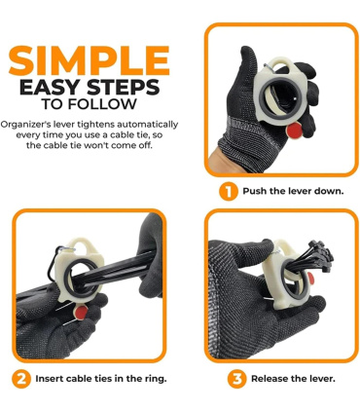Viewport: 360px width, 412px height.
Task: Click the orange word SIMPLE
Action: click(90, 60)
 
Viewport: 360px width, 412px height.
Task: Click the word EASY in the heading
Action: click(47, 87)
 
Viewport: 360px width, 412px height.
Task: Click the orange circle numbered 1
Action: click(229, 191)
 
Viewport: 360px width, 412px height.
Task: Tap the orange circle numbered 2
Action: click(21, 379)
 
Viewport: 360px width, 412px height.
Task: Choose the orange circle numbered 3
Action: click(237, 379)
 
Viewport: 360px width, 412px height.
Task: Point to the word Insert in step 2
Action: click(50, 379)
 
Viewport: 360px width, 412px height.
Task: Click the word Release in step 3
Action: click(270, 379)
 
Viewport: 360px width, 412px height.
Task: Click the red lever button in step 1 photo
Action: click(294, 131)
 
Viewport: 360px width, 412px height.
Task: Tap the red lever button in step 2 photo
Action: click(80, 311)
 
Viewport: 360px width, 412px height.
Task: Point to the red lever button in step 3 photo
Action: click(310, 278)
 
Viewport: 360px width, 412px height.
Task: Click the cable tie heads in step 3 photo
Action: click(320, 255)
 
